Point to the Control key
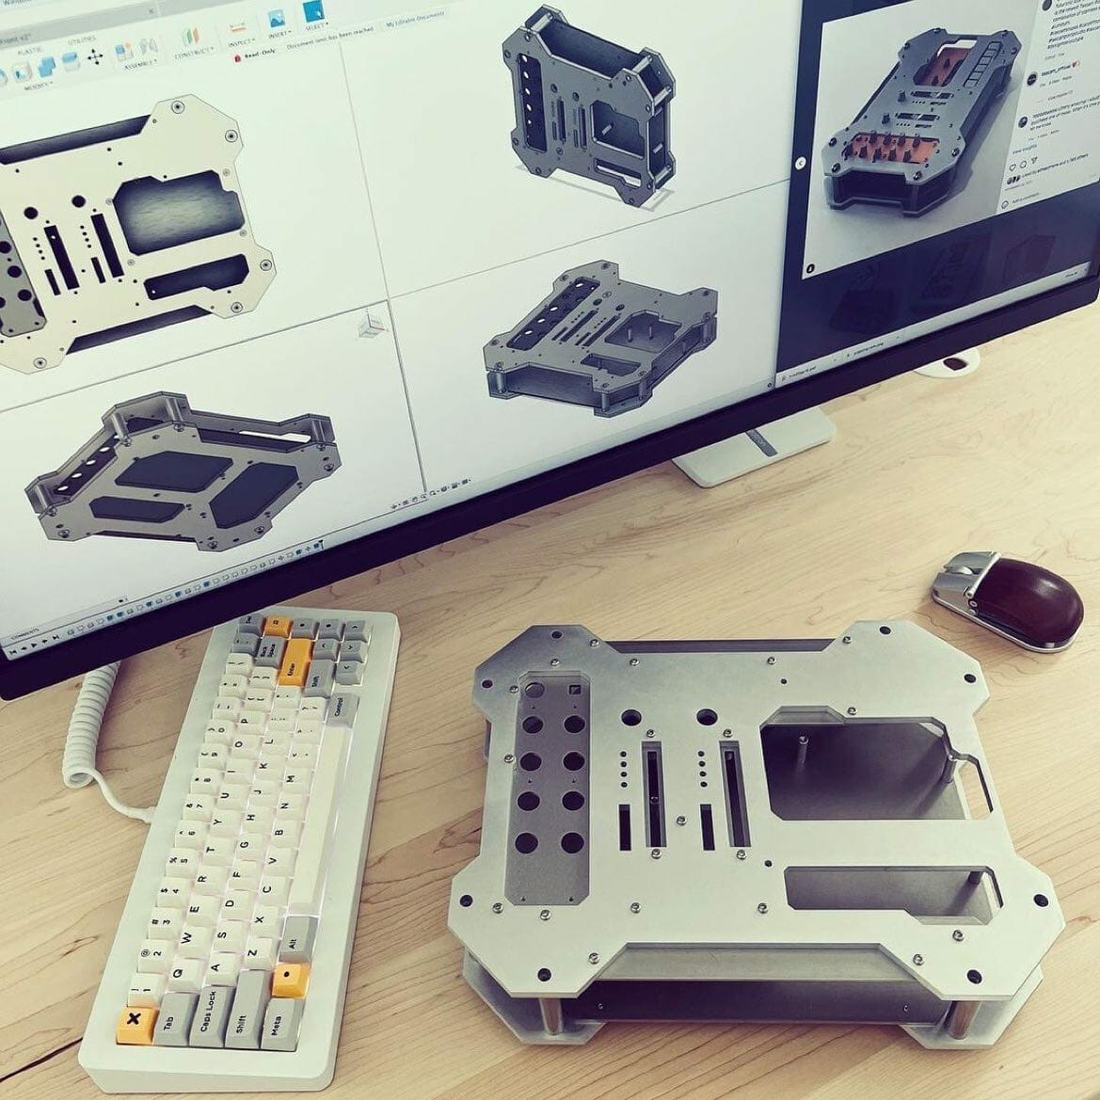[x=343, y=709]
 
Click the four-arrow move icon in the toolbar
[x=95, y=57]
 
